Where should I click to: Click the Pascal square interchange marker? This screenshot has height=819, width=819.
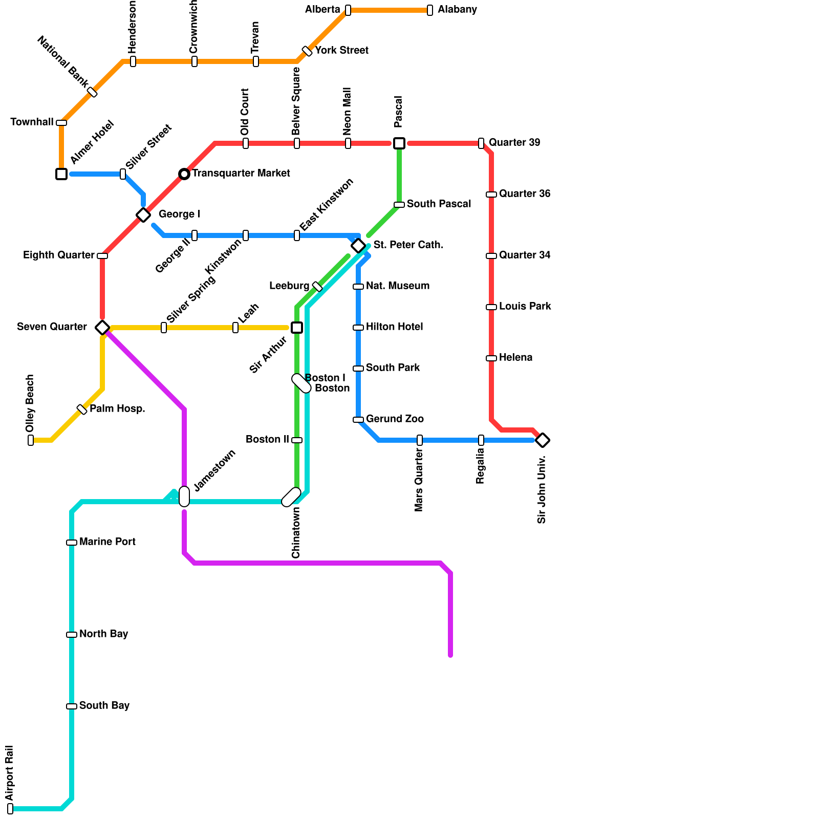(399, 143)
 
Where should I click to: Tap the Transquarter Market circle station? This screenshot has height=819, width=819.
(184, 174)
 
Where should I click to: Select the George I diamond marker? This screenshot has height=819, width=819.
(143, 215)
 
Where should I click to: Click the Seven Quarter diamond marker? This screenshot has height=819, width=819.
(102, 328)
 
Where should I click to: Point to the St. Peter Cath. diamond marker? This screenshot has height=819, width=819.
(358, 246)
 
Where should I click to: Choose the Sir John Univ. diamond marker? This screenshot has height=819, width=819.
(543, 440)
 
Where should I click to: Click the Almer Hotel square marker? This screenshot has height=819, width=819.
(61, 174)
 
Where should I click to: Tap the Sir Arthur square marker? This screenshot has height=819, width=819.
(297, 328)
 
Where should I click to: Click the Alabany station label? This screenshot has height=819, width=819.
(457, 10)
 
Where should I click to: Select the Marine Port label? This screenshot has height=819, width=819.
(107, 542)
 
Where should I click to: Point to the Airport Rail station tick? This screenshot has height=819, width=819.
(10, 809)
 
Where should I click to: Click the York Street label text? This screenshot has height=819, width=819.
(341, 50)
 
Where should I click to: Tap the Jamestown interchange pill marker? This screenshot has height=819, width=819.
(184, 497)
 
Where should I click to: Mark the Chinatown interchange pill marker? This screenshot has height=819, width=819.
(291, 497)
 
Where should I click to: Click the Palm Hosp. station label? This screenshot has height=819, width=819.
(117, 408)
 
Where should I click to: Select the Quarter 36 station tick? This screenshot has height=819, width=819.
(491, 195)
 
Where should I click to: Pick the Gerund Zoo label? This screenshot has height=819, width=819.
(395, 419)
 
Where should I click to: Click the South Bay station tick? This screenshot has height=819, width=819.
(72, 706)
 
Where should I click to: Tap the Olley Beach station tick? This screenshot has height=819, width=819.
(31, 440)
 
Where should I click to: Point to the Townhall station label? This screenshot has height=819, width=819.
(32, 122)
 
